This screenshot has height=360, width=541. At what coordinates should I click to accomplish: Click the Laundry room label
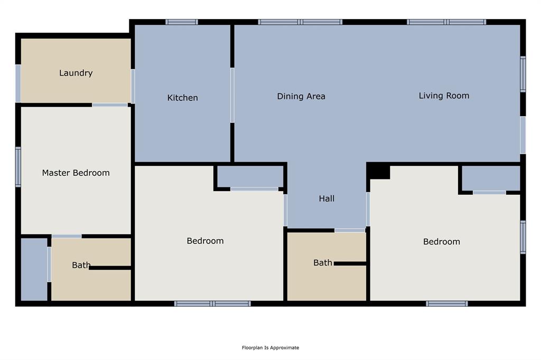click(x=76, y=73)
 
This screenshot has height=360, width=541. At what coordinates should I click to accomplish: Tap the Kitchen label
click(x=182, y=98)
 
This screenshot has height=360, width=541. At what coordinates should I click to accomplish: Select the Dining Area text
click(x=301, y=96)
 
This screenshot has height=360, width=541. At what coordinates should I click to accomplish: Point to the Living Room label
click(x=444, y=96)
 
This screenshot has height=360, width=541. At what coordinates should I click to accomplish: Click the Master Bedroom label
click(x=76, y=173)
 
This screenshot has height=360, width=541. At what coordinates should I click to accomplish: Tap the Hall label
click(x=327, y=198)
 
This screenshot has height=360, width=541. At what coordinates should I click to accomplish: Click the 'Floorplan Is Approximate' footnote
click(x=270, y=347)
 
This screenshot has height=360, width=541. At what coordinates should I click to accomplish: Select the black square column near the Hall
click(x=378, y=172)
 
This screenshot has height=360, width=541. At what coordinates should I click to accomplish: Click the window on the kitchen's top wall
click(x=182, y=22)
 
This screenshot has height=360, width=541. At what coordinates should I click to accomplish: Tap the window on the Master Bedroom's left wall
click(x=18, y=167)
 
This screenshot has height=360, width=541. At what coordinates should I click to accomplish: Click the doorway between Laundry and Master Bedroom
click(x=110, y=105)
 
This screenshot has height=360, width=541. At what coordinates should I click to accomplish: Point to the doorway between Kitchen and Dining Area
click(x=232, y=95)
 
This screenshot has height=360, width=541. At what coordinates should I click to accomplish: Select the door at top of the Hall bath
click(x=350, y=230)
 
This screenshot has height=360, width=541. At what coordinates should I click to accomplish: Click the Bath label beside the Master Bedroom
click(x=81, y=265)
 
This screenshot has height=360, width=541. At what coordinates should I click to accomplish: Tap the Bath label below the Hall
click(x=322, y=262)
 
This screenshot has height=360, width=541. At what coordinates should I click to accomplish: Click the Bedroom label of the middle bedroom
click(x=205, y=241)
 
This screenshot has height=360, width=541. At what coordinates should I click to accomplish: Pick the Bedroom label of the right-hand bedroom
click(x=441, y=241)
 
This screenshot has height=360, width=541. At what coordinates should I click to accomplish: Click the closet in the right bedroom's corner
click(x=491, y=178)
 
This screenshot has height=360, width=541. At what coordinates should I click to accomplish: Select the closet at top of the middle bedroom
click(x=250, y=176)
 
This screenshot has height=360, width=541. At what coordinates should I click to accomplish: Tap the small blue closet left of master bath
click(x=34, y=269)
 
